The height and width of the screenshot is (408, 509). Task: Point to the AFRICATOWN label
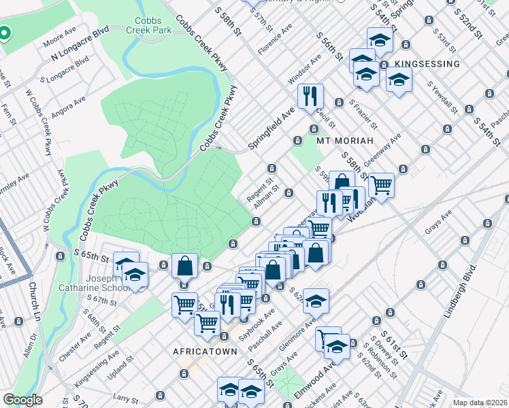[205, 352]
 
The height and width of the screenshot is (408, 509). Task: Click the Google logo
[22, 400]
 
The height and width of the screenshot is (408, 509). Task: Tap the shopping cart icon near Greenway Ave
[381, 184]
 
